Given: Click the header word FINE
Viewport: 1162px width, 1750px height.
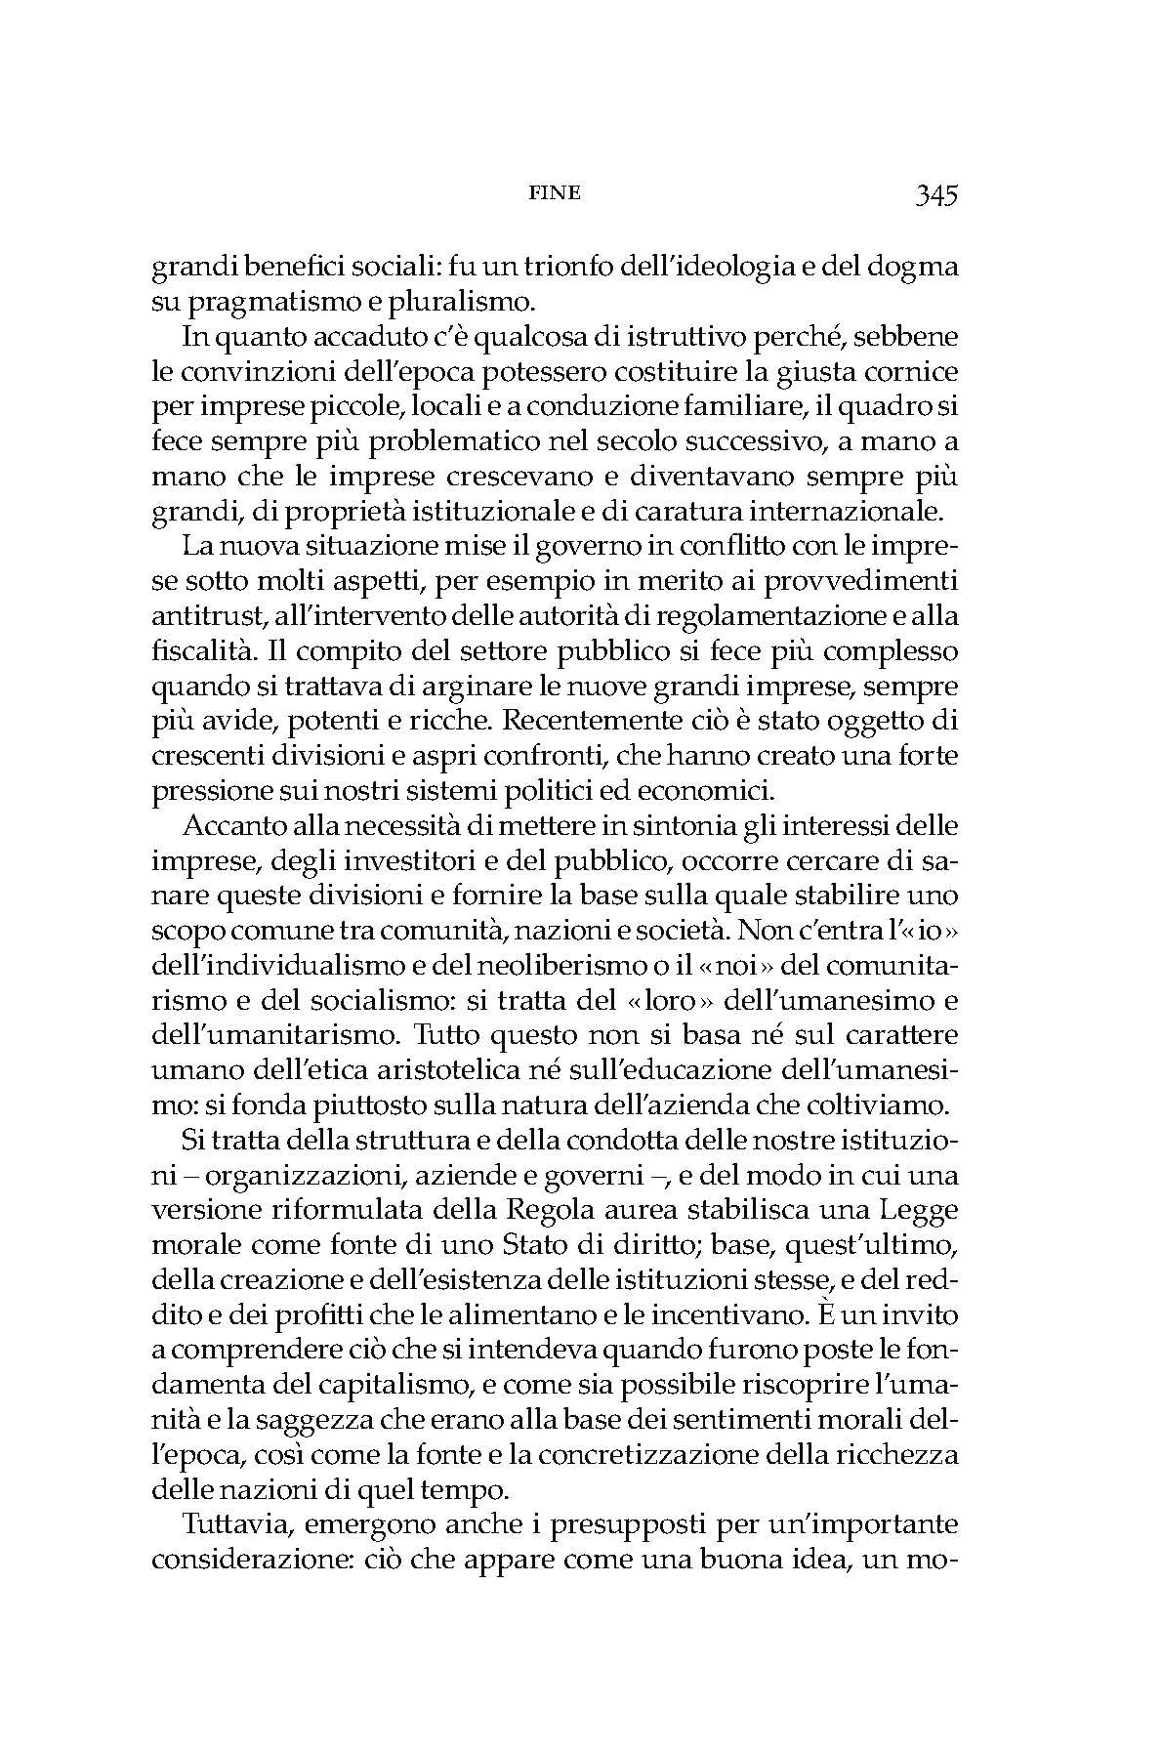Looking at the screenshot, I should [x=554, y=192].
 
